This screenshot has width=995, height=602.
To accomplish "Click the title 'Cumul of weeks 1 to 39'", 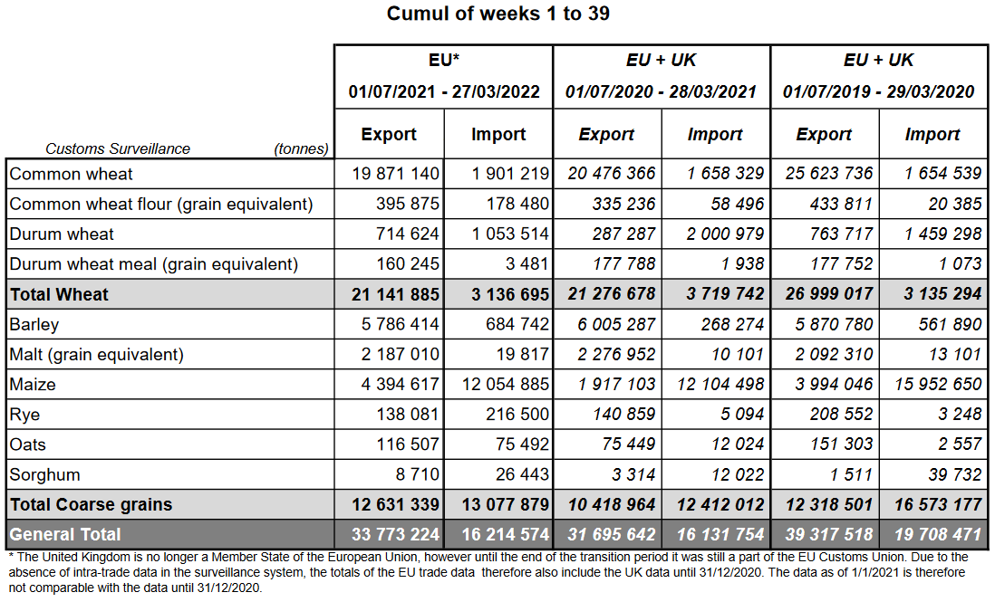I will click(497, 14).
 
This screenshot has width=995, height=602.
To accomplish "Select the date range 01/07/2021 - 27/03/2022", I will click(444, 92).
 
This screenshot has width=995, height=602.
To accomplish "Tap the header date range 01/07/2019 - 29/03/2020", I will click(879, 92).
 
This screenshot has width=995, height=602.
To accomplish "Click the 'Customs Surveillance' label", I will click(118, 148).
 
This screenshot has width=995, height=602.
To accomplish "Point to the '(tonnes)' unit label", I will click(301, 148).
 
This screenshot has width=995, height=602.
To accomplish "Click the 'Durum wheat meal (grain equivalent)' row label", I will click(154, 264).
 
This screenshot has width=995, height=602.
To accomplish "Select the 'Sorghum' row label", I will click(45, 475).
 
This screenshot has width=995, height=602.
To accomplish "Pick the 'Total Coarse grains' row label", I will click(91, 505).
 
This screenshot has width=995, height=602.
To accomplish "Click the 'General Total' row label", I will click(65, 535).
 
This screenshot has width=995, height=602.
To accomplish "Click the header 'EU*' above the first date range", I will click(444, 61).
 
